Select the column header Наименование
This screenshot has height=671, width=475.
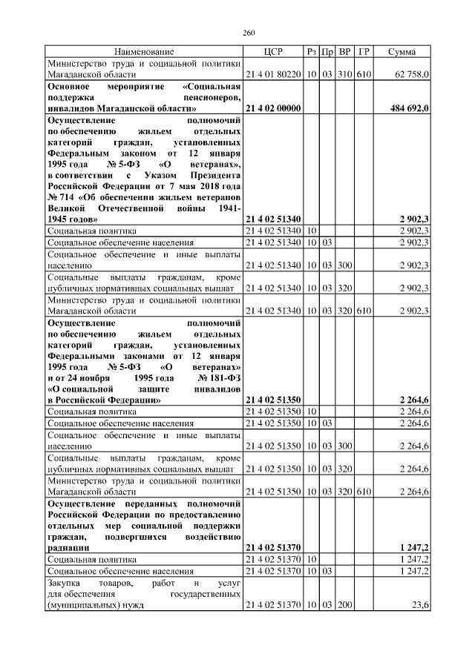(x=144, y=51)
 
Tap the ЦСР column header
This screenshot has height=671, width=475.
(x=272, y=51)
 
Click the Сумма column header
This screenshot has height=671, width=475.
(x=402, y=51)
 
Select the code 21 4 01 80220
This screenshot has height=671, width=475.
(x=272, y=75)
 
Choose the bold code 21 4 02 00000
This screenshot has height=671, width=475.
(x=272, y=108)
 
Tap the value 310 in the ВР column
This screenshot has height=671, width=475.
(x=344, y=75)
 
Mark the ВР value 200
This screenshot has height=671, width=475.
(x=344, y=605)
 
